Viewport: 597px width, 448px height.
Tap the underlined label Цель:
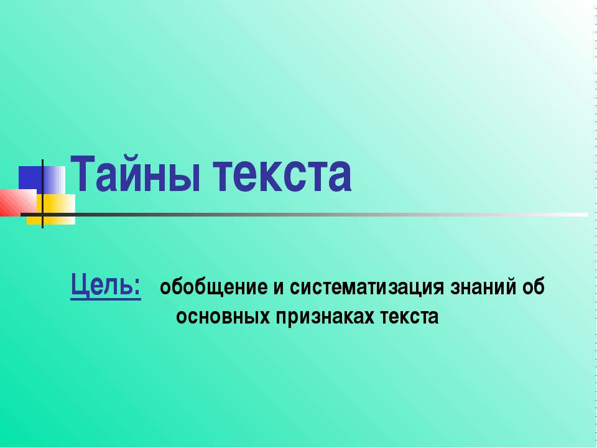105,286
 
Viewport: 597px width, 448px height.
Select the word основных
215,317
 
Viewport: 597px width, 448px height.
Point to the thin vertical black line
42,193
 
